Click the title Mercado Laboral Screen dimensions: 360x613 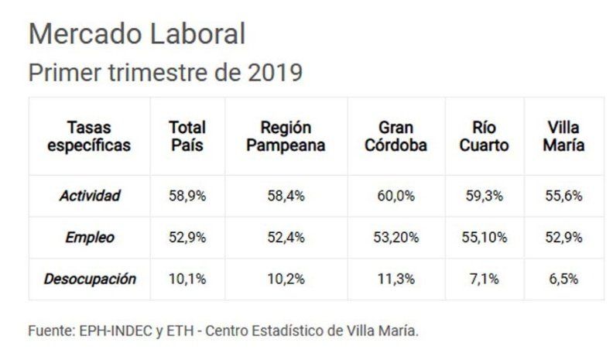136,33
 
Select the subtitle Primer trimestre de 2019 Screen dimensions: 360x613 164,73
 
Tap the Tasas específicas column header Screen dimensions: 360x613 89,135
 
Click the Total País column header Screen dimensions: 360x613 187,135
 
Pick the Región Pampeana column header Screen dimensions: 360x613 286,135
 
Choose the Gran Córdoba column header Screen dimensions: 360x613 396,135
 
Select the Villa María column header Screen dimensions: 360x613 563,135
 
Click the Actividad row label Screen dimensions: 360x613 90,196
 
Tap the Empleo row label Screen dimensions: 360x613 90,238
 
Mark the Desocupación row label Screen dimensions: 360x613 90,279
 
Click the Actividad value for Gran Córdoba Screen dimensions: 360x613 396,196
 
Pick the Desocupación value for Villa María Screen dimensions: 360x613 563,279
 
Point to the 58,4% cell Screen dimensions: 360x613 286,196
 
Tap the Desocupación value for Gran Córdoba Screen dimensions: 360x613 396,279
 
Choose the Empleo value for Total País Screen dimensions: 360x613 187,238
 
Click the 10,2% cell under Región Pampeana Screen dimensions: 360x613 286,279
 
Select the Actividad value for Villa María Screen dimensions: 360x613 563,196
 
